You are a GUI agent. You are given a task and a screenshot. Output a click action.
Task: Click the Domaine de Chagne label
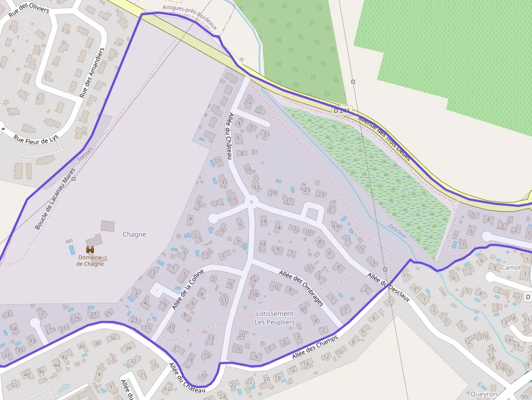[x=90, y=261]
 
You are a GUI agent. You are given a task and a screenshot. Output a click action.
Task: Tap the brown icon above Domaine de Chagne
[x=90, y=249]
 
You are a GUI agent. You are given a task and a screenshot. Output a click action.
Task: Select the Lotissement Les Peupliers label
[x=275, y=318]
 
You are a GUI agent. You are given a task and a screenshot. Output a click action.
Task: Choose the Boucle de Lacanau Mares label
[x=55, y=198]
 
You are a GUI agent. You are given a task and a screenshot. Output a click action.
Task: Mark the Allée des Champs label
[x=315, y=347]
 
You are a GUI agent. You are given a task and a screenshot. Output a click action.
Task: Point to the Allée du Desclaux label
[x=388, y=287]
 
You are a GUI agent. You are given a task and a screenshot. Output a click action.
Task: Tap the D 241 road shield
[x=342, y=110]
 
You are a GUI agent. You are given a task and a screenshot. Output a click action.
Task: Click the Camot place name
[x=511, y=268]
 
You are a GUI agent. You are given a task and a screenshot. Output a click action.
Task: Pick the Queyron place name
[x=484, y=394]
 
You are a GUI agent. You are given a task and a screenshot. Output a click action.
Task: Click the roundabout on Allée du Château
[x=251, y=202]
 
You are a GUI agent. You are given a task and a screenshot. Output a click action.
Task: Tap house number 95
[x=523, y=397]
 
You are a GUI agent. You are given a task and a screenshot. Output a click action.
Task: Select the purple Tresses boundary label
[x=85, y=154]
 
